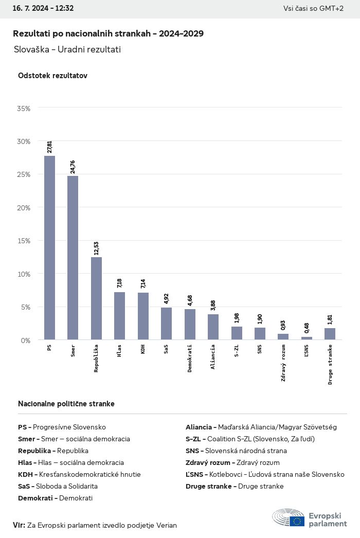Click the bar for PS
[x=49, y=247]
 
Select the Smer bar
[x=73, y=258]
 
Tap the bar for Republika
[x=96, y=298]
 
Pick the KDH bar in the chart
[x=143, y=316]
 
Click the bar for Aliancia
[x=213, y=327]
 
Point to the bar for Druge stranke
[x=330, y=334]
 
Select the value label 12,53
[x=96, y=248]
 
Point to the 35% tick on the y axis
[x=24, y=109]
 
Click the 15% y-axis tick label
[x=24, y=241]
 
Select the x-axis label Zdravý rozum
[x=283, y=363]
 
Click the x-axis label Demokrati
[x=190, y=358]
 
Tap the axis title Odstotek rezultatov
[x=52, y=76]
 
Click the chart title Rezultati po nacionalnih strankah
[x=108, y=33]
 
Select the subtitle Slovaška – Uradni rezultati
[x=67, y=49]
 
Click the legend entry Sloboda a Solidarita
[x=58, y=486]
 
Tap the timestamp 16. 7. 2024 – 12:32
[x=43, y=8]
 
